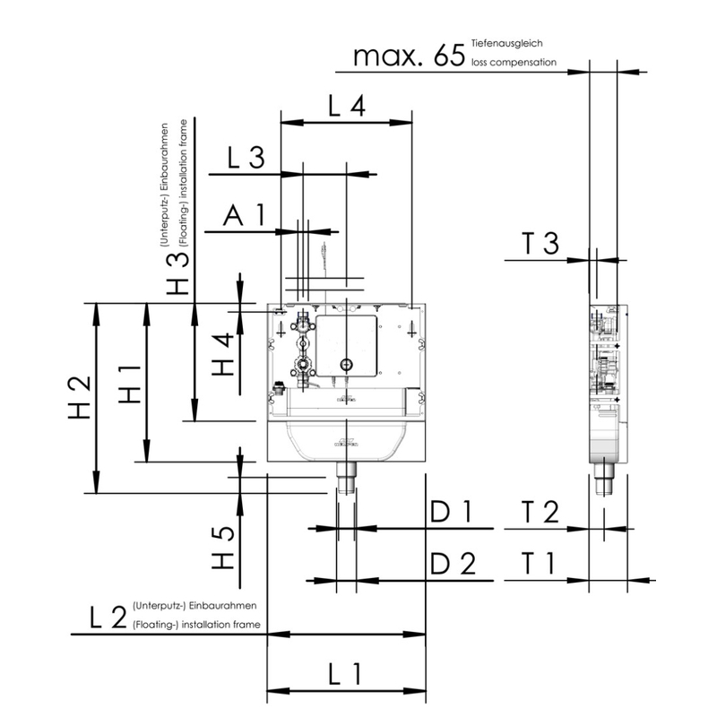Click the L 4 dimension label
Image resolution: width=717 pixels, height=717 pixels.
pos(345,107)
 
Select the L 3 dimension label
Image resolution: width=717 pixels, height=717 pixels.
pos(245,160)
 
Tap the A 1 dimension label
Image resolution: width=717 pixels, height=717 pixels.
pos(245,216)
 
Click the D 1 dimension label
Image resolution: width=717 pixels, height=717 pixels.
pos(450,513)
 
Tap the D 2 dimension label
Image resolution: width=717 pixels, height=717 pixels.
pos(450,565)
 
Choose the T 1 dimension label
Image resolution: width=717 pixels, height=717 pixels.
pos(540,565)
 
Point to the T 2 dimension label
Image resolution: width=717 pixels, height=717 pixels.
pos(540,513)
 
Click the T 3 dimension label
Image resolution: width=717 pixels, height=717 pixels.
pos(540,244)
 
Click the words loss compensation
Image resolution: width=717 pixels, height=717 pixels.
pos(513,64)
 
